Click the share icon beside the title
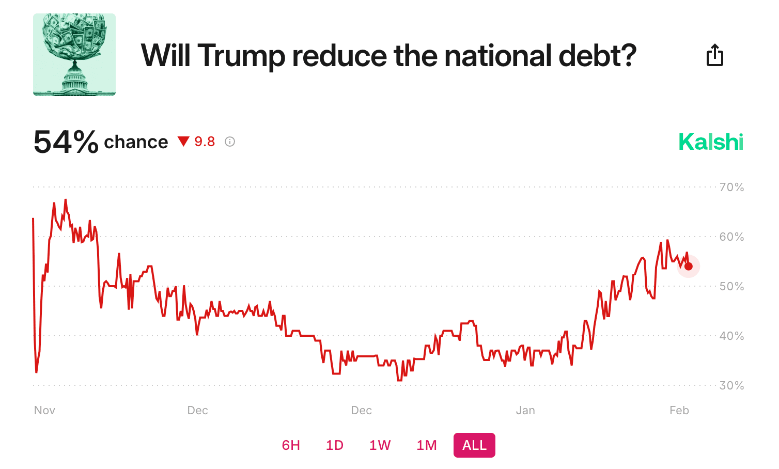(714, 55)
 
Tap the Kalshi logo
(711, 142)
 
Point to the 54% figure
(66, 142)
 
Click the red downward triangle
(183, 141)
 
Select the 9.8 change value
(205, 142)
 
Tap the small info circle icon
(230, 142)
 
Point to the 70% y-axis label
(731, 187)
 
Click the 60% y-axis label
(731, 237)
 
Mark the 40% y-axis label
(731, 336)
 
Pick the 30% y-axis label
(731, 385)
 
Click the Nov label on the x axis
(44, 410)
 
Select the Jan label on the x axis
(525, 410)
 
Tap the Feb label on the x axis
(679, 410)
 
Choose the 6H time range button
(291, 445)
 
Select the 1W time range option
(380, 445)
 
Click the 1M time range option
(427, 445)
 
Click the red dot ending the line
(689, 267)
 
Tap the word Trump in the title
(241, 55)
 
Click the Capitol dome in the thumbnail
(75, 77)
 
